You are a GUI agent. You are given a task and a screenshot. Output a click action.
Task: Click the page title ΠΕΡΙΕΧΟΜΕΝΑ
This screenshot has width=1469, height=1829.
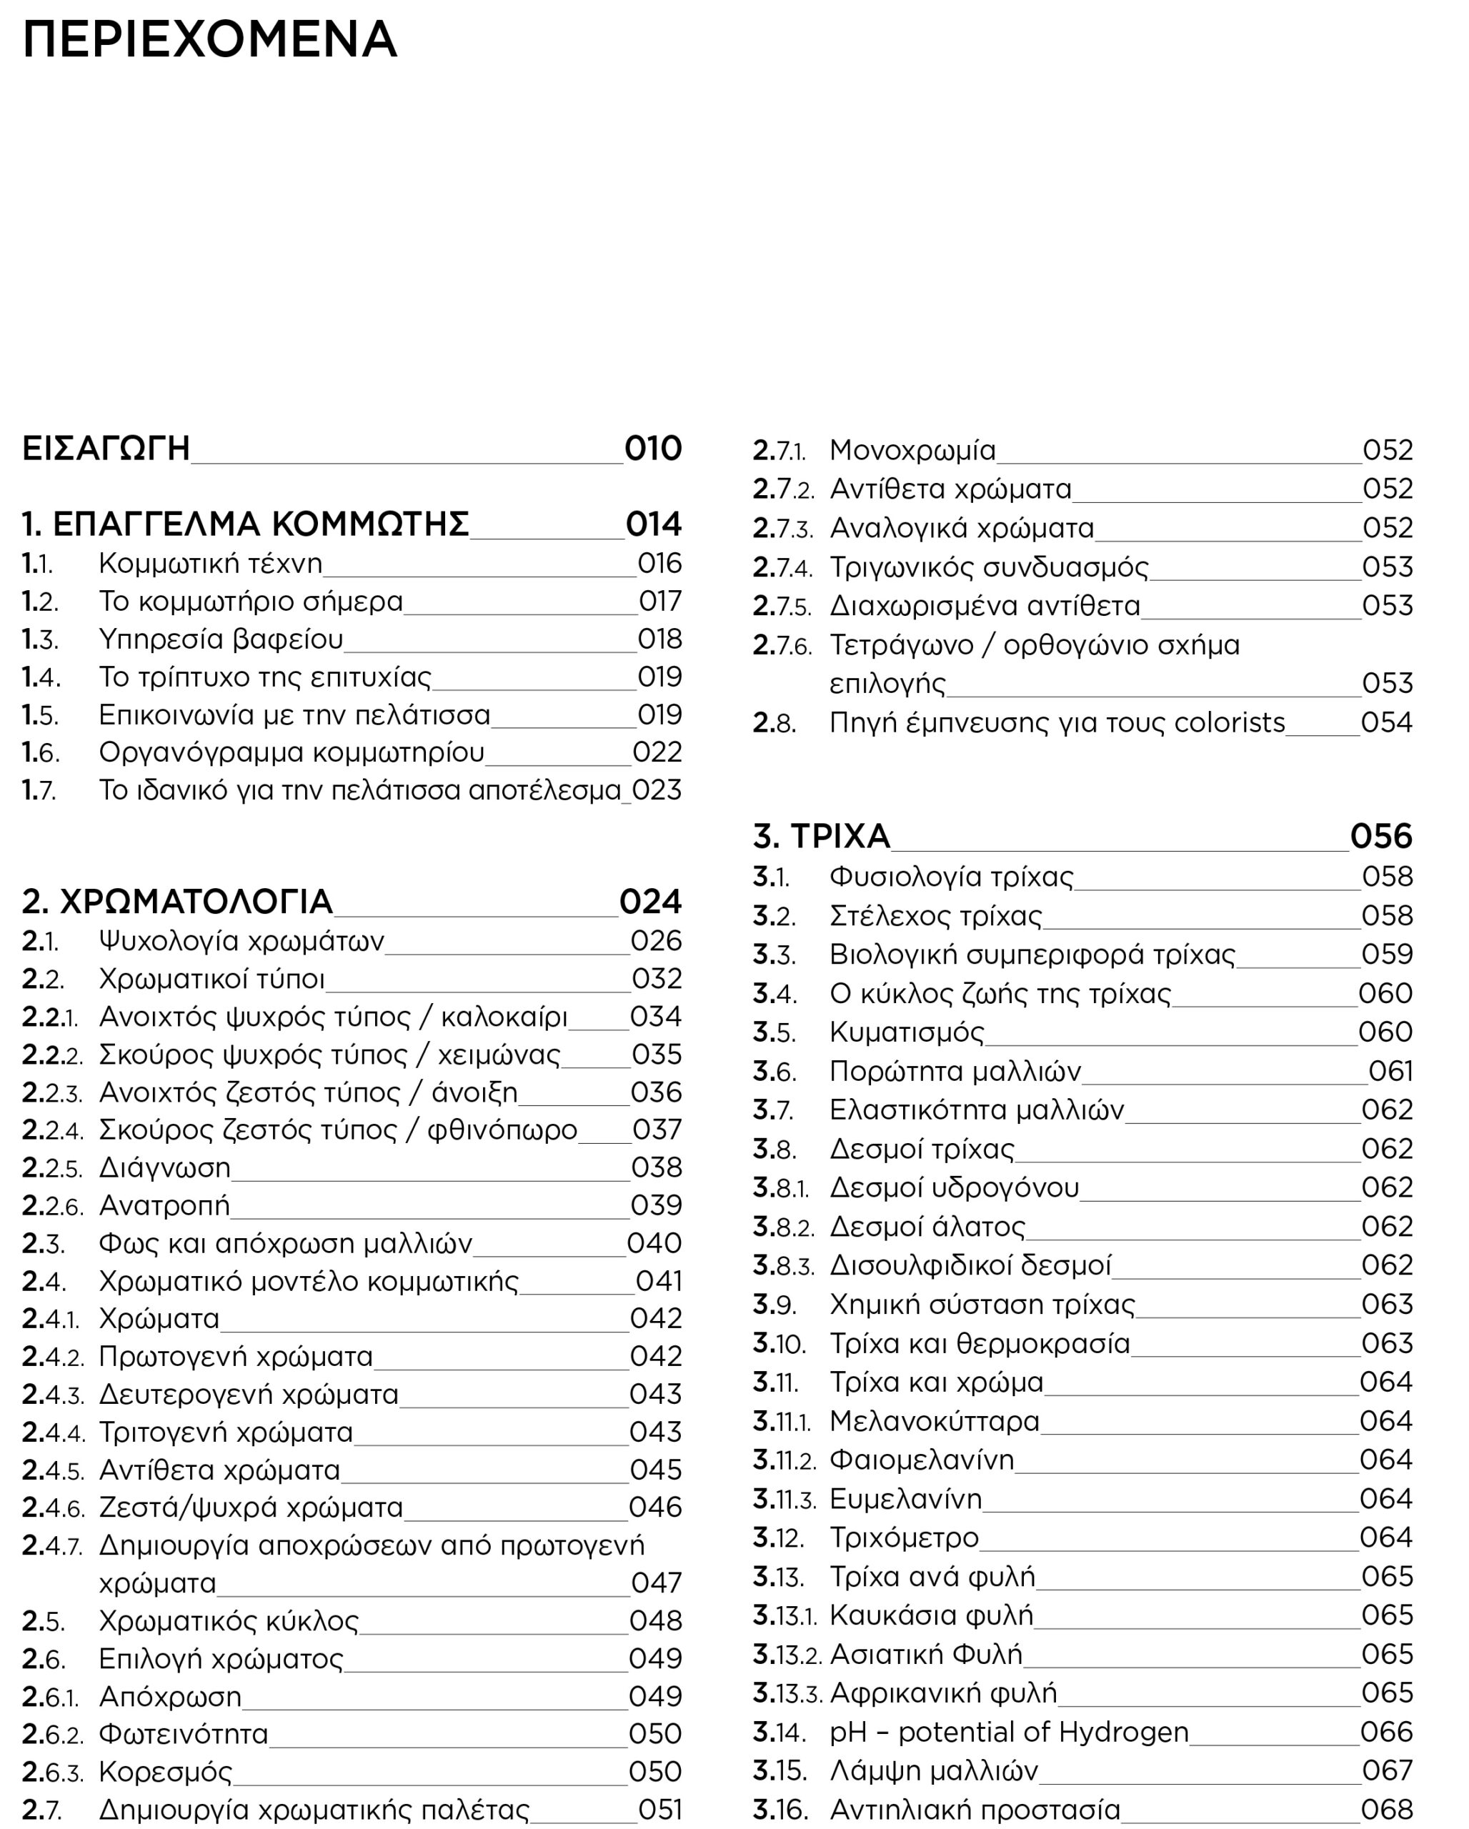[x=209, y=40]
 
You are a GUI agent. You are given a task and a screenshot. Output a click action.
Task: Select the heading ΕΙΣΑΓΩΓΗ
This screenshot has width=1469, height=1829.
[x=106, y=449]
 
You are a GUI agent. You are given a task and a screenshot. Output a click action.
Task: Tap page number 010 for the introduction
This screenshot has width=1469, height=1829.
[x=653, y=449]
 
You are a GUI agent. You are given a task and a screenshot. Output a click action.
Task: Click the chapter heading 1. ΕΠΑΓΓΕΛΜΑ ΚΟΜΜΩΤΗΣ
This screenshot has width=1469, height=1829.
[x=245, y=524]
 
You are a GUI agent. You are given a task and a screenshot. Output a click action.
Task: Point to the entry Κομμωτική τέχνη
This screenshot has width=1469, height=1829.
[x=210, y=563]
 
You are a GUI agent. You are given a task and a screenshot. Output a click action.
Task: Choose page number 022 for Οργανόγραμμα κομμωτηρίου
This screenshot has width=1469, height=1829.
[x=657, y=752]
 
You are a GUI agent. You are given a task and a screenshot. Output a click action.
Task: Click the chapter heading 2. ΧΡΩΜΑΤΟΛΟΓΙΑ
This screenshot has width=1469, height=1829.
[x=177, y=902]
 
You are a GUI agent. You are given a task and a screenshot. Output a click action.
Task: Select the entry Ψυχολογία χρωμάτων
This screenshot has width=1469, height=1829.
[x=241, y=942]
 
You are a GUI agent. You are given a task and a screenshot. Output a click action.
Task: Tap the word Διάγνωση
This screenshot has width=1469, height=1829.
[x=164, y=1168]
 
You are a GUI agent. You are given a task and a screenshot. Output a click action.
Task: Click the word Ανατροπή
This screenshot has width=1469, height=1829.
[x=164, y=1205]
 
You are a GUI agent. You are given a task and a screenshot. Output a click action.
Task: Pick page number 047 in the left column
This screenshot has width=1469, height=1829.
[x=657, y=1583]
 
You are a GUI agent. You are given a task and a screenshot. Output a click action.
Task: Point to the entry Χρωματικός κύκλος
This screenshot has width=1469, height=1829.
[x=229, y=1621]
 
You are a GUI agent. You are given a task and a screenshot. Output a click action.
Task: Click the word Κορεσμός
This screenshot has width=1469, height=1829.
[x=165, y=1772]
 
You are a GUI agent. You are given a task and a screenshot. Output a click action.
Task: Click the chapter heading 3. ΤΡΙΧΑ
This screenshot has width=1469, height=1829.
[x=821, y=837]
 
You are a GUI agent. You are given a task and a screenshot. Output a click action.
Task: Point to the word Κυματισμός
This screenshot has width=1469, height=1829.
[x=907, y=1032]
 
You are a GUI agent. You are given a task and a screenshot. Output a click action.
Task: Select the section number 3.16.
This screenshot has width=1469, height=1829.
[x=780, y=1810]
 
